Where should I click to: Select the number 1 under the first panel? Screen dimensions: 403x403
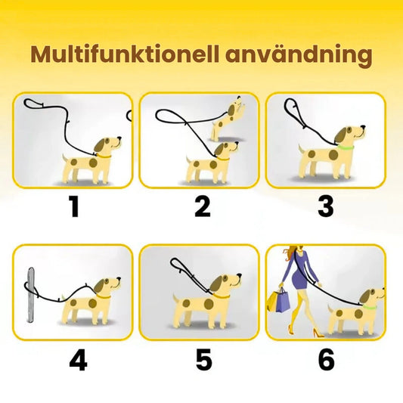point(74,205)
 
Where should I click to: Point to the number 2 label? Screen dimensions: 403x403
point(202,205)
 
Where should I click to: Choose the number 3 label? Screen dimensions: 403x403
point(325,205)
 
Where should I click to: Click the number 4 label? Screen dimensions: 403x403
point(78,360)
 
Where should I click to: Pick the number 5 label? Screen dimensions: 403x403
point(203,360)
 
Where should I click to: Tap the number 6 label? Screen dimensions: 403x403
point(326,360)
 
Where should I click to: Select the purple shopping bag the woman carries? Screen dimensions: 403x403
point(283,301)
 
